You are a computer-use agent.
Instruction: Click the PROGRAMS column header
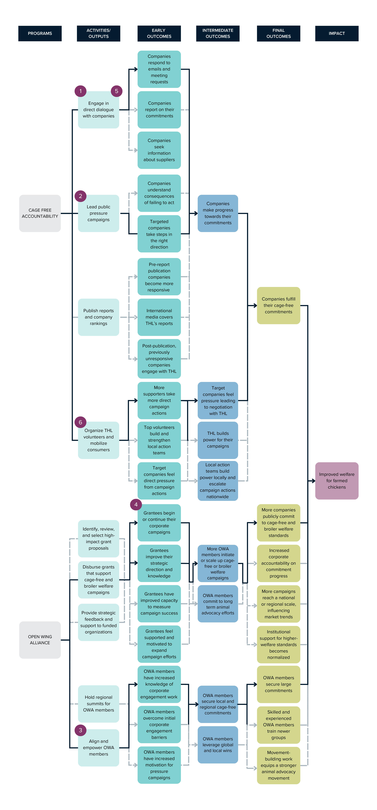coord(40,33)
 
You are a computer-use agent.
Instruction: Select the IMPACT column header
coord(337,33)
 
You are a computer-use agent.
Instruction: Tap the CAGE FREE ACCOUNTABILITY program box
coord(40,213)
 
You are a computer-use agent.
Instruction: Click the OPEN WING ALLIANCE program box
coord(40,640)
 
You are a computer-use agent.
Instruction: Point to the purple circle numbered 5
coord(116,91)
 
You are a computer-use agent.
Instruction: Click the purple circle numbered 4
coord(136,504)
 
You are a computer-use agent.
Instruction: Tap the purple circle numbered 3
coord(81,730)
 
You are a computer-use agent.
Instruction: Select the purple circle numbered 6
coord(81,422)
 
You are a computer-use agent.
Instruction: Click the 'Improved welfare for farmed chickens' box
coord(337,480)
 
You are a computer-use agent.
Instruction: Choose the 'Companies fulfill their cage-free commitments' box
coord(278,305)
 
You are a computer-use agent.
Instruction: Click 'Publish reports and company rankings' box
coord(99,317)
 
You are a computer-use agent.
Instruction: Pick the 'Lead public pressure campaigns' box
coord(99,213)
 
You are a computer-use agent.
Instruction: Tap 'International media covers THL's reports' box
coord(159,317)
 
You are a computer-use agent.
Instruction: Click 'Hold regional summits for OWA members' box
coord(99,703)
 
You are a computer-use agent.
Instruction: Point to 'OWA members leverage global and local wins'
coord(218,745)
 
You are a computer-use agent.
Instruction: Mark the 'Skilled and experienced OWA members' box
coord(278,725)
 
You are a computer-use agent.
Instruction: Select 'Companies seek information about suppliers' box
coord(159,150)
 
